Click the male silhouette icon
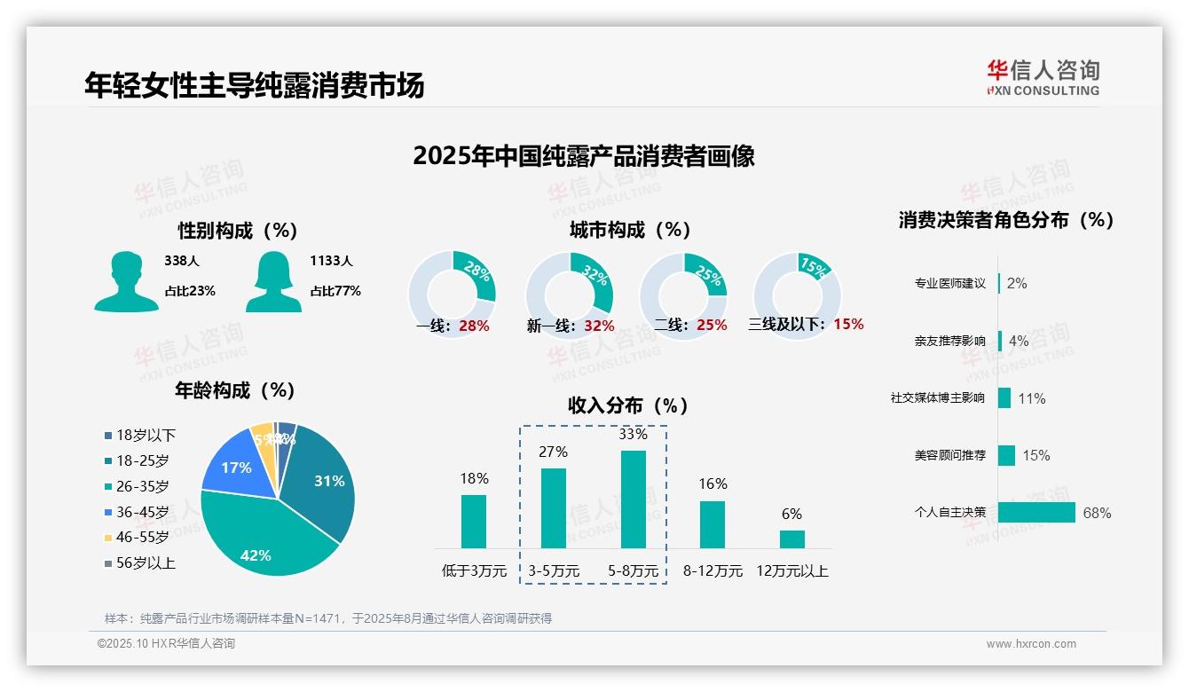[126, 281]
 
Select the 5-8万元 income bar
[633, 499]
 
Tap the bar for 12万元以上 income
[791, 539]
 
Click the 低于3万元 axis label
[473, 571]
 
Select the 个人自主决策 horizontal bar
[1036, 513]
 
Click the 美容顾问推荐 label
[949, 455]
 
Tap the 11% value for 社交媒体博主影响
[1031, 398]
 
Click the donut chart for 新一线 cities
[569, 295]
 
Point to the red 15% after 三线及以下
[848, 324]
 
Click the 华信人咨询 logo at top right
[1043, 77]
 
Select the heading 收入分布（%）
[628, 405]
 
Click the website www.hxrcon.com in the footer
[1031, 644]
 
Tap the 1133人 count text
[331, 261]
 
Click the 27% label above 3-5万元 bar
[553, 452]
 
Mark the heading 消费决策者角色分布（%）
[1005, 220]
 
